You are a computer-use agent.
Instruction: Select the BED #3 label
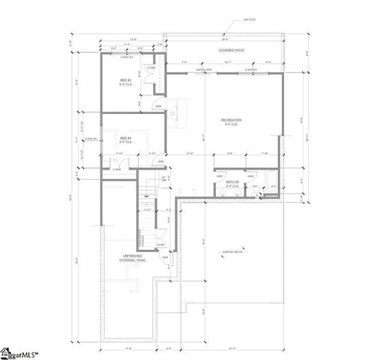(x=125, y=81)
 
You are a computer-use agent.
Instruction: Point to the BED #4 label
(x=125, y=139)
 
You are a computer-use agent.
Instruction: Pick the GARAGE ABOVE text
(x=232, y=252)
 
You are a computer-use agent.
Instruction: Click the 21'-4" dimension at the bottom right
(x=236, y=347)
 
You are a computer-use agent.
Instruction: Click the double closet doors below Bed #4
(x=117, y=166)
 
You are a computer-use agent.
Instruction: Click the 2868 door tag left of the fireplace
(x=158, y=106)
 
